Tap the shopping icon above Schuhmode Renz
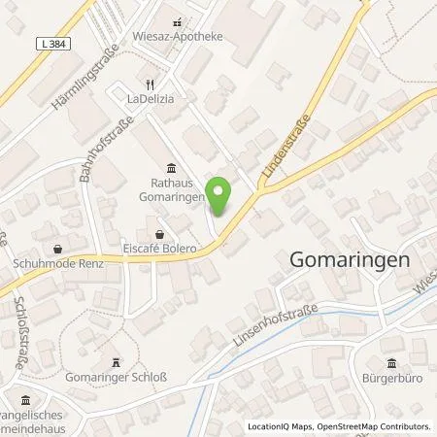pyautogui.click(x=57, y=247)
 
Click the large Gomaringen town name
pyautogui.click(x=350, y=260)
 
